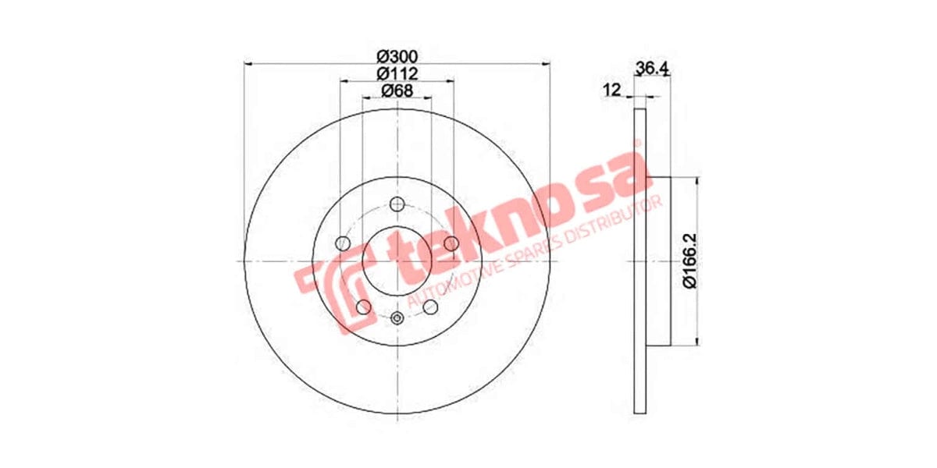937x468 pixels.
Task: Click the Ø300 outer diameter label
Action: click(x=397, y=57)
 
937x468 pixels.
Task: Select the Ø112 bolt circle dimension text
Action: click(x=397, y=74)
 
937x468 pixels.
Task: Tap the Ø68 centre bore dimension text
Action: click(x=397, y=91)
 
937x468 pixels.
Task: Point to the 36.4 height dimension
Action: click(x=654, y=69)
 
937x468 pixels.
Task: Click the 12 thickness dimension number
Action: click(x=611, y=90)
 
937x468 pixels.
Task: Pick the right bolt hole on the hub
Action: click(x=451, y=244)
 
